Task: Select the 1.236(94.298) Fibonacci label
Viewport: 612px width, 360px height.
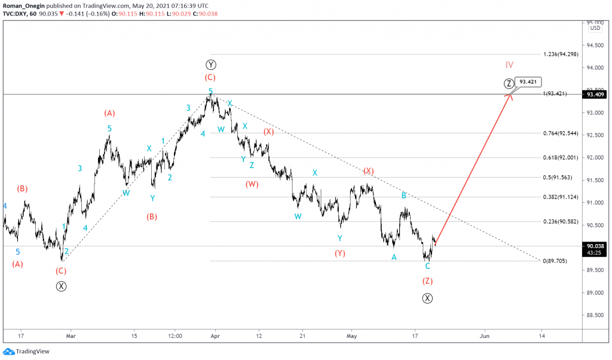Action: pos(562,54)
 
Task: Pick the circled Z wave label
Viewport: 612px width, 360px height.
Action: pos(508,83)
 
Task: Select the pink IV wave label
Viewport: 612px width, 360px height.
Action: pos(509,65)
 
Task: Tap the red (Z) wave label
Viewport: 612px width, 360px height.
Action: pos(427,280)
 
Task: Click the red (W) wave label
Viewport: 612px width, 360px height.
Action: pos(252,184)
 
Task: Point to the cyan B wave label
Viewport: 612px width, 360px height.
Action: pos(404,196)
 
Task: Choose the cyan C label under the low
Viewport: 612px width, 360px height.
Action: pos(427,266)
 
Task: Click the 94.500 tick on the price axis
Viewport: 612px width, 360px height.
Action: pos(594,45)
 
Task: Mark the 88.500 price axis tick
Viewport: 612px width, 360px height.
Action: pos(594,315)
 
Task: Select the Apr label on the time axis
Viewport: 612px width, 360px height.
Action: pos(216,336)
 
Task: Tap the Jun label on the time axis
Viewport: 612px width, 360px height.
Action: pos(485,336)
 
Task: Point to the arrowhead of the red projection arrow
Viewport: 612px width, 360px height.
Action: pos(510,94)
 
